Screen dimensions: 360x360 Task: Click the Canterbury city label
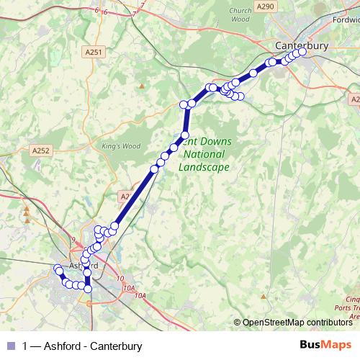point(302,45)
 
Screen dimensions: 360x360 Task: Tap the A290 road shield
point(266,6)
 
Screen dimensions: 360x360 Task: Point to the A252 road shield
point(41,150)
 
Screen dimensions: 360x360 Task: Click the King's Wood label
point(120,146)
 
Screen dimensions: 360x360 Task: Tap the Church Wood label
point(240,15)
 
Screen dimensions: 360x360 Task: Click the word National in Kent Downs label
point(204,154)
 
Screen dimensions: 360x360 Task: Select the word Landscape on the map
point(204,167)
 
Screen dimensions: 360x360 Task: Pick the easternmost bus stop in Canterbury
point(302,50)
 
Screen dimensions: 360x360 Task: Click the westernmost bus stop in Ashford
point(58,269)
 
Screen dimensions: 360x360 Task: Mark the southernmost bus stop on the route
point(89,289)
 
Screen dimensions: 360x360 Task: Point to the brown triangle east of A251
point(142,86)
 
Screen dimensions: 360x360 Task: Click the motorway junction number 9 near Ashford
point(73,240)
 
